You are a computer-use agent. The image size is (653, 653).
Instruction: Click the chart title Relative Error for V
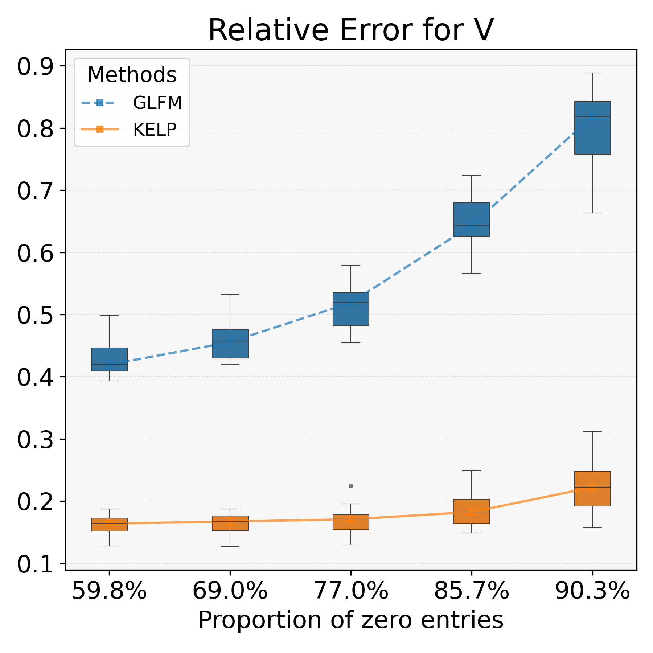pos(351,30)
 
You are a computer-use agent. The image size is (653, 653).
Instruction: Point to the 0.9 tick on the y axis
pos(34,66)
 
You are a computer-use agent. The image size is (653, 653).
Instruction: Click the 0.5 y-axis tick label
pos(34,315)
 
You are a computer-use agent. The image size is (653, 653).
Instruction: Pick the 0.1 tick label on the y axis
pos(34,564)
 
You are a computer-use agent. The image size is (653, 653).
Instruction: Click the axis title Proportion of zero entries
pos(351,620)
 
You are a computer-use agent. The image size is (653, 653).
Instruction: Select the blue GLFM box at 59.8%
pos(109,359)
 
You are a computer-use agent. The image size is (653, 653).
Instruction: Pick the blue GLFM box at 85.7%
pos(472,219)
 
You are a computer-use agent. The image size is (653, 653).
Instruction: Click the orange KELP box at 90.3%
pos(592,488)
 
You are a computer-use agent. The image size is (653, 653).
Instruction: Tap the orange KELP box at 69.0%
pos(230,523)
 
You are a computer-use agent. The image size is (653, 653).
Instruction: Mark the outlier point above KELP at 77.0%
pos(351,486)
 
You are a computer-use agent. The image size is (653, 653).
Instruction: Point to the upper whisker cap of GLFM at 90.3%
pos(592,73)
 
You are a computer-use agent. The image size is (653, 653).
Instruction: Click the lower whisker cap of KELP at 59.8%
pos(109,546)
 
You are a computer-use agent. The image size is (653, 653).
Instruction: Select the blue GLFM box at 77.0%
pos(351,309)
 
